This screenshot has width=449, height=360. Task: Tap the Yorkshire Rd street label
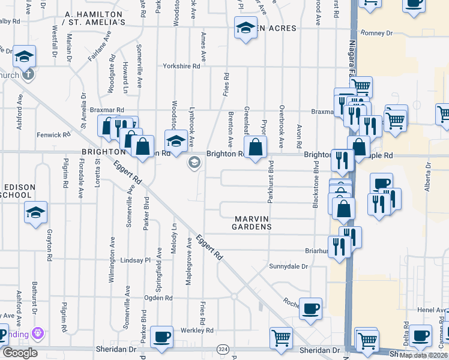point(181,67)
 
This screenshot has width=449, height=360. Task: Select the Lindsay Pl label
point(136,260)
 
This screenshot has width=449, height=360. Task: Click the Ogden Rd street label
point(161,298)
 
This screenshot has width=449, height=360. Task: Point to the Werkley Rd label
point(197,330)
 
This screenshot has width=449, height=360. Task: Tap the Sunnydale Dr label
point(288,266)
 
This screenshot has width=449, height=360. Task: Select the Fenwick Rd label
point(66,135)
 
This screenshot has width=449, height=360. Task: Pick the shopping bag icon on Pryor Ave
point(255,146)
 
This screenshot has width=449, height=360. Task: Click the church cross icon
point(28,75)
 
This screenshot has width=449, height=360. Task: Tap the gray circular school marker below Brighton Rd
point(194,163)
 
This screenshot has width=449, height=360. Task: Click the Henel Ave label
point(430,310)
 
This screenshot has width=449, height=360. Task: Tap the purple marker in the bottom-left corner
point(39,332)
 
